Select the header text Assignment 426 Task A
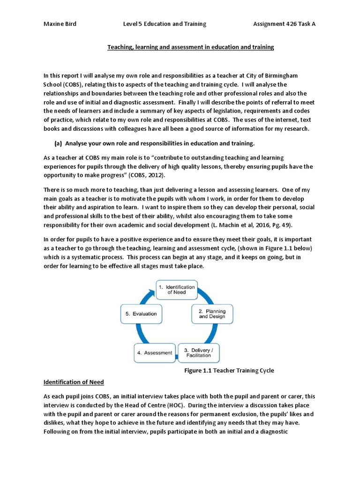[x=284, y=24]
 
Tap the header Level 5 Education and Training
[x=164, y=24]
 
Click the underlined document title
[x=191, y=47]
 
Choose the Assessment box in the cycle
[x=154, y=352]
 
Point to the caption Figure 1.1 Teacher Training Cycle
[x=227, y=370]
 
